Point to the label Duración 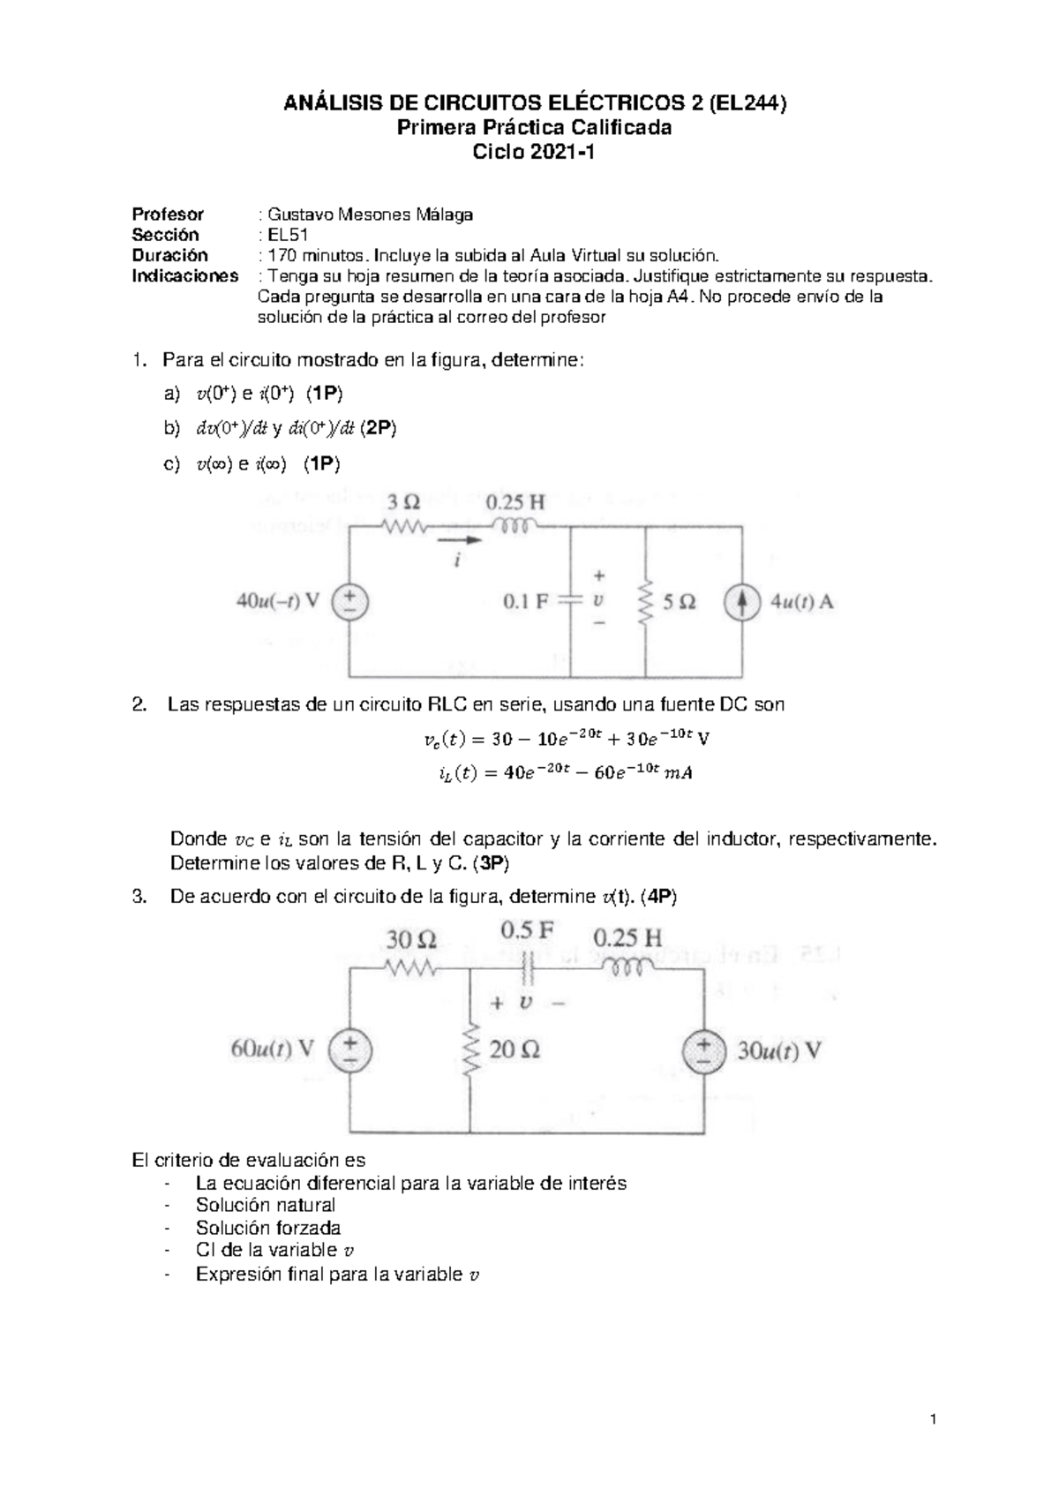click(170, 255)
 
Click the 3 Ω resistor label click(404, 503)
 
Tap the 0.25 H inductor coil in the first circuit click(514, 527)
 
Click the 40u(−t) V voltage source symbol click(350, 603)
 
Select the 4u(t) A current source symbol click(741, 603)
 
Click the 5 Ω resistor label click(677, 602)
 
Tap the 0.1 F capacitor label click(526, 602)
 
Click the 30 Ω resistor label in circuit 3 click(410, 938)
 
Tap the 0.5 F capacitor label click(527, 930)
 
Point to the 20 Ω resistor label click(514, 1049)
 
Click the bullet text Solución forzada click(268, 1228)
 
